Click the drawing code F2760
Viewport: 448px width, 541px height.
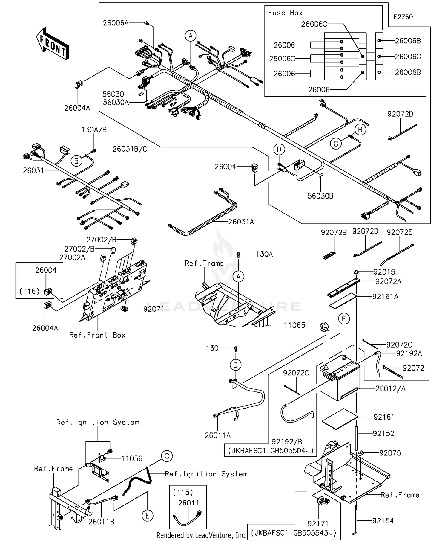tap(403, 17)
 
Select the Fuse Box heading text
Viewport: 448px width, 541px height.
tap(285, 13)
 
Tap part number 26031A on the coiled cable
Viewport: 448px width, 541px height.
tap(241, 222)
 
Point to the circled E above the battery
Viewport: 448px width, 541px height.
tap(344, 319)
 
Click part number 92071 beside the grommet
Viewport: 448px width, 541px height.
tap(154, 309)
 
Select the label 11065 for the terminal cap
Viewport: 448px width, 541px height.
tap(294, 325)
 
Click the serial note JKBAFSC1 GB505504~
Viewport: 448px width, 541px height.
tap(270, 451)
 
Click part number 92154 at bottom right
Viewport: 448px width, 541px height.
tap(383, 521)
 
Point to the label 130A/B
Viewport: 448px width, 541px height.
tap(94, 130)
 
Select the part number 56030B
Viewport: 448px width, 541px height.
tap(320, 196)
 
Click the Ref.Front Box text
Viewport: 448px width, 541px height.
tap(97, 335)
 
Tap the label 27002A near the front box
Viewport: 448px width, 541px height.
tap(72, 257)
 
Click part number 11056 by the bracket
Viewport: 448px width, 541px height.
tap(132, 458)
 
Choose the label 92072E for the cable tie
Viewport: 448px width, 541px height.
tap(399, 232)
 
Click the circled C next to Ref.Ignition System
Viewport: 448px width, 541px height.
tap(167, 456)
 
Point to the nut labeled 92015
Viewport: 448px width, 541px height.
tap(356, 272)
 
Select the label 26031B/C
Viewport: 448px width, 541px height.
tap(130, 149)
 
